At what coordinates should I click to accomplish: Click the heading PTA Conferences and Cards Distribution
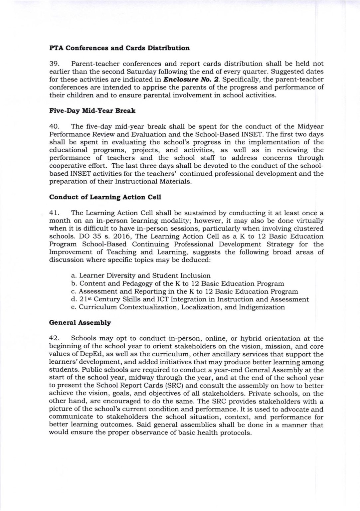click(x=119, y=48)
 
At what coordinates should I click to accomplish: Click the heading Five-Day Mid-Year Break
click(x=92, y=111)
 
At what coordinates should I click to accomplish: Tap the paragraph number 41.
click(x=54, y=213)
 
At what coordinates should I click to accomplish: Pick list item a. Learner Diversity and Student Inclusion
click(x=141, y=275)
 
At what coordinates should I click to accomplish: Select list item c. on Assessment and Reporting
click(x=185, y=291)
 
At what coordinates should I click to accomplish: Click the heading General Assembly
click(x=80, y=323)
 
